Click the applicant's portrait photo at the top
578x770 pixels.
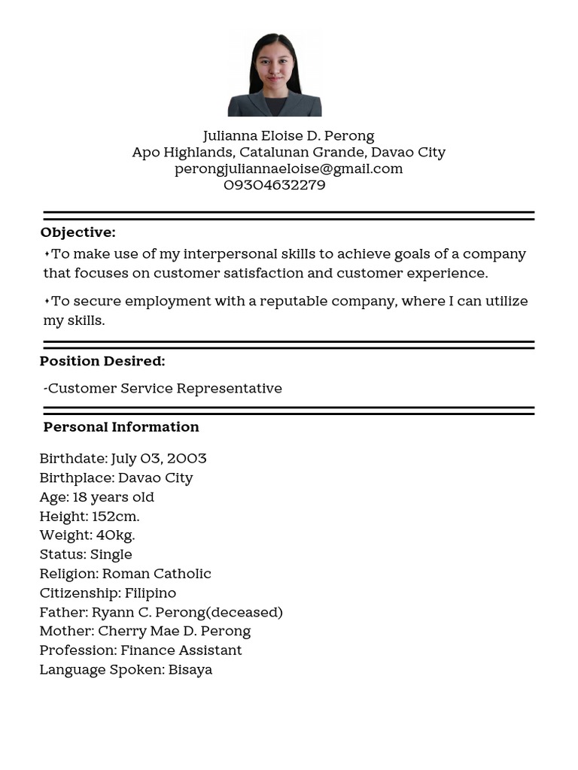[x=275, y=74]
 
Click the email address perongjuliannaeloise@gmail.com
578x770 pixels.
[x=288, y=168]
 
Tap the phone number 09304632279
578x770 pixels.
[x=274, y=185]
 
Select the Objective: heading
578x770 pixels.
[x=78, y=232]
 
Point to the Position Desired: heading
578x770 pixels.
[x=102, y=361]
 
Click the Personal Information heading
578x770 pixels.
[x=121, y=427]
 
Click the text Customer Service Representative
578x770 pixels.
[x=165, y=389]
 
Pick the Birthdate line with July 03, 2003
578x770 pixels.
[x=123, y=459]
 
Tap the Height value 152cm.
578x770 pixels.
[x=116, y=517]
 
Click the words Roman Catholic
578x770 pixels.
[x=157, y=574]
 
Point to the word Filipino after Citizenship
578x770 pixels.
[x=151, y=593]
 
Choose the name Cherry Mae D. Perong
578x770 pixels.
[x=174, y=631]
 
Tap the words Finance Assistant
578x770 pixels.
[x=181, y=650]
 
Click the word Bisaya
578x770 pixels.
[x=190, y=669]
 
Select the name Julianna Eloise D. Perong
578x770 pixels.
[x=288, y=136]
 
